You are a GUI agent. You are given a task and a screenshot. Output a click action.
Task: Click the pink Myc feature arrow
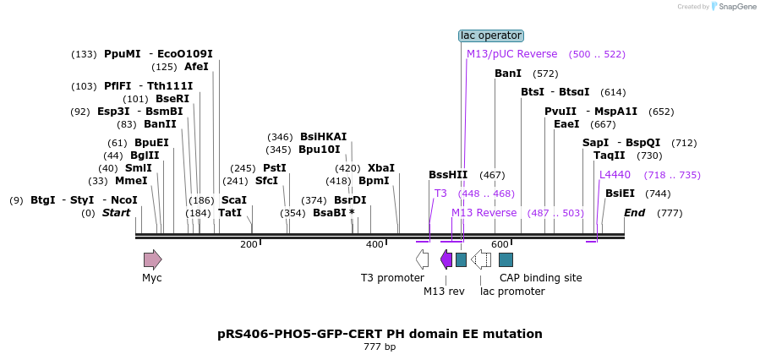click(x=152, y=259)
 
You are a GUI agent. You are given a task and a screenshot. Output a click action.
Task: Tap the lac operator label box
click(x=491, y=35)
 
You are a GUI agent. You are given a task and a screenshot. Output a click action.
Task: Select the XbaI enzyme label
click(x=380, y=168)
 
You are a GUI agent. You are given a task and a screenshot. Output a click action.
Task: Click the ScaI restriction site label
click(x=233, y=200)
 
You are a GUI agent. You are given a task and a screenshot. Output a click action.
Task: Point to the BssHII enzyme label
click(x=448, y=175)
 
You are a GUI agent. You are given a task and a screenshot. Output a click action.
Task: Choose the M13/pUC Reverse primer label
click(x=512, y=54)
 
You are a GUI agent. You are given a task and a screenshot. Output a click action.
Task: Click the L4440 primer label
click(x=615, y=175)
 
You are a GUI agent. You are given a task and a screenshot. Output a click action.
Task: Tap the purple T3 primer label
click(x=440, y=194)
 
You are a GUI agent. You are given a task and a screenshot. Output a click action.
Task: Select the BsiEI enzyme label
click(x=620, y=194)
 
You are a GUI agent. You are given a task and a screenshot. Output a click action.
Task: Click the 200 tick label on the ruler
click(x=249, y=245)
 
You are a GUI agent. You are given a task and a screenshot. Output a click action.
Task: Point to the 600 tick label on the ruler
click(x=500, y=245)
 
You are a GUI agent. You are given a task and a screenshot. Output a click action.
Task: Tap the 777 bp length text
click(x=380, y=347)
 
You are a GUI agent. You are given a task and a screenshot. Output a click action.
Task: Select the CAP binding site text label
click(x=540, y=278)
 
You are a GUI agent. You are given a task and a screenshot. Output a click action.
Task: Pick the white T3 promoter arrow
click(x=423, y=259)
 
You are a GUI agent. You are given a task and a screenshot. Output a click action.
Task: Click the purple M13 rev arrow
click(x=446, y=259)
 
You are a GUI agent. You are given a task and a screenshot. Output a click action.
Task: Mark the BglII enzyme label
click(x=144, y=155)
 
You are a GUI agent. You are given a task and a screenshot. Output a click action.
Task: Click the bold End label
click(x=634, y=213)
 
